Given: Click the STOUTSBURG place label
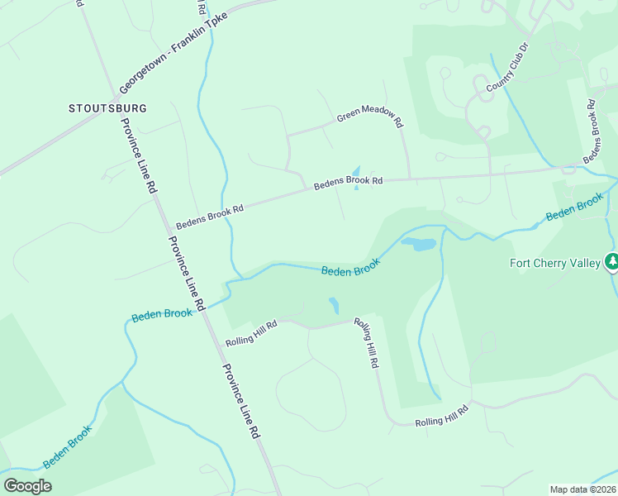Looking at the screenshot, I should (107, 108).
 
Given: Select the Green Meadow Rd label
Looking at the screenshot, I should (369, 117).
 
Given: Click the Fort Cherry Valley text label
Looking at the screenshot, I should (554, 264).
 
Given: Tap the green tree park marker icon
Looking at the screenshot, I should (611, 262).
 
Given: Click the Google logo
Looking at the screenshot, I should (27, 485).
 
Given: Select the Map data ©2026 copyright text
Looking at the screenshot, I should (582, 489).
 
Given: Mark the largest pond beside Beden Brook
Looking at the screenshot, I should (418, 244).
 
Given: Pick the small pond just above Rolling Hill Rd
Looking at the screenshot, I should (333, 306).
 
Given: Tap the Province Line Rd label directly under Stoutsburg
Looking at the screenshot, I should (139, 156).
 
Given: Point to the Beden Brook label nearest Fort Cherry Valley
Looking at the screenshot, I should (575, 207).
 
